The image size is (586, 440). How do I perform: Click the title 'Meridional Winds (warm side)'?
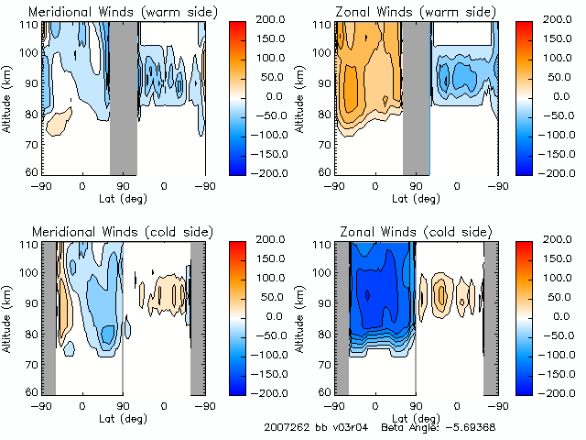tap(110, 12)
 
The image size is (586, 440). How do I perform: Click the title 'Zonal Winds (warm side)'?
tap(403, 12)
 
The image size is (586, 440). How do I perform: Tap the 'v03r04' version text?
tap(349, 428)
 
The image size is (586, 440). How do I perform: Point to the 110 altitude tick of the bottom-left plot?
tap(27, 246)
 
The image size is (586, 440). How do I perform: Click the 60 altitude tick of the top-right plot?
tap(323, 171)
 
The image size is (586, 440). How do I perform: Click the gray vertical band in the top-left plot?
tap(123, 97)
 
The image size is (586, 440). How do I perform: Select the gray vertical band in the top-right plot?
tap(417, 97)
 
